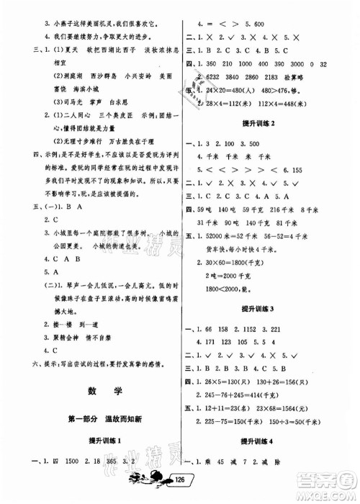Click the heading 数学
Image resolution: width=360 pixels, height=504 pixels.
pyautogui.click(x=98, y=393)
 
